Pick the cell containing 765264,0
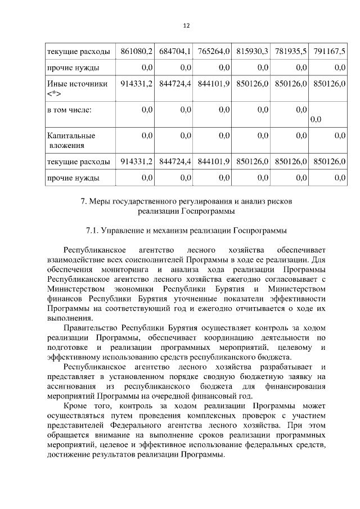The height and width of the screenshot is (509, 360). click(x=214, y=52)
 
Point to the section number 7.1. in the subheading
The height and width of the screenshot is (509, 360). click(x=94, y=231)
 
